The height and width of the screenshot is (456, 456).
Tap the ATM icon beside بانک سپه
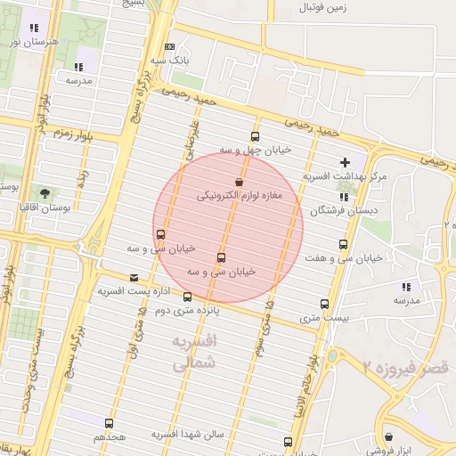pyautogui.click(x=169, y=46)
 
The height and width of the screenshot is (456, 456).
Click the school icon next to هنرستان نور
pyautogui.click(x=34, y=28)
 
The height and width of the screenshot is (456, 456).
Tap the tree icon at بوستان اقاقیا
pyautogui.click(x=45, y=192)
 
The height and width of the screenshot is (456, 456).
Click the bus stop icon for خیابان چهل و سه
pyautogui.click(x=256, y=137)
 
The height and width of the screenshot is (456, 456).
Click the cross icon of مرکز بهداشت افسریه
pyautogui.click(x=345, y=163)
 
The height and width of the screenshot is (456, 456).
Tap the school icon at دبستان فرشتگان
pyautogui.click(x=344, y=197)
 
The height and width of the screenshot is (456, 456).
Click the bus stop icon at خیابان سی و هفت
pyautogui.click(x=343, y=244)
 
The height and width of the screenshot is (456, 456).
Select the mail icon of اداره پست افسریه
pyautogui.click(x=134, y=277)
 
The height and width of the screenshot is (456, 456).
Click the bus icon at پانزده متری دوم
pyautogui.click(x=187, y=297)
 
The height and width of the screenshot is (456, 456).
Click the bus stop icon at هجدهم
pyautogui.click(x=109, y=423)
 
